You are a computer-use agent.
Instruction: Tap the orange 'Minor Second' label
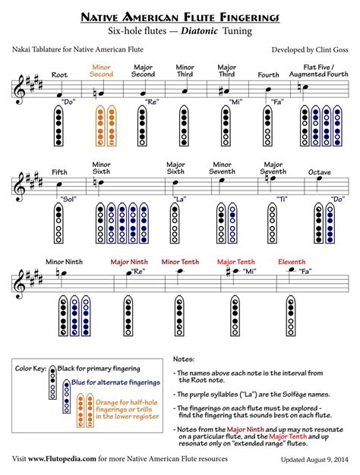[x=101, y=70]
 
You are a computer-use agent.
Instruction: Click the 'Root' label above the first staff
[x=58, y=74]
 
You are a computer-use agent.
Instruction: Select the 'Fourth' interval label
[x=268, y=74]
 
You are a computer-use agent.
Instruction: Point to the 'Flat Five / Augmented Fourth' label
[x=315, y=70]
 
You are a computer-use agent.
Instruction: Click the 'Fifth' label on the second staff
[x=59, y=172]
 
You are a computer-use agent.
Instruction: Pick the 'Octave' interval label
[x=319, y=172]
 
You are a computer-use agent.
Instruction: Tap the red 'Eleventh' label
[x=292, y=262]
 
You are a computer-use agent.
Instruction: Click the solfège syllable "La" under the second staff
[x=179, y=200]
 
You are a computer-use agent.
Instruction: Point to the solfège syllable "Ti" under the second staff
[x=283, y=200]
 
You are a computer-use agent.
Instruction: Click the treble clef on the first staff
[x=19, y=89]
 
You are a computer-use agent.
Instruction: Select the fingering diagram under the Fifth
[x=59, y=222]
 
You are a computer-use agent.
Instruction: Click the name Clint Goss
[x=328, y=49]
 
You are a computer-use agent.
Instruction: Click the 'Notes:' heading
[x=184, y=358]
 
